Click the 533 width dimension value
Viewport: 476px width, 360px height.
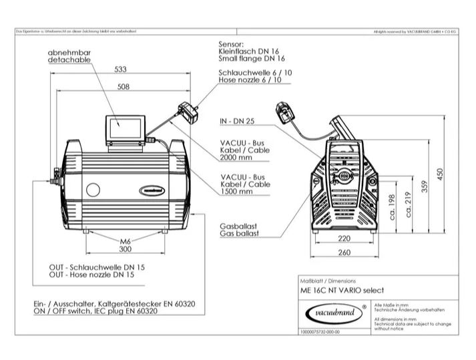pos(121,69)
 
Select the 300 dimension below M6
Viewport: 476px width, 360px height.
pos(124,248)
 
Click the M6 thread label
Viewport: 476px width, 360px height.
pos(124,240)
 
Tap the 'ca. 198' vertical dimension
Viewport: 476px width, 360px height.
pos(392,208)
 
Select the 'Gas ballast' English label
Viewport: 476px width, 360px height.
pos(239,234)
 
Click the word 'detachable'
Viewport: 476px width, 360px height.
pos(69,59)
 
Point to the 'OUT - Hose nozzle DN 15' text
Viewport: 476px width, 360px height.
pos(91,274)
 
